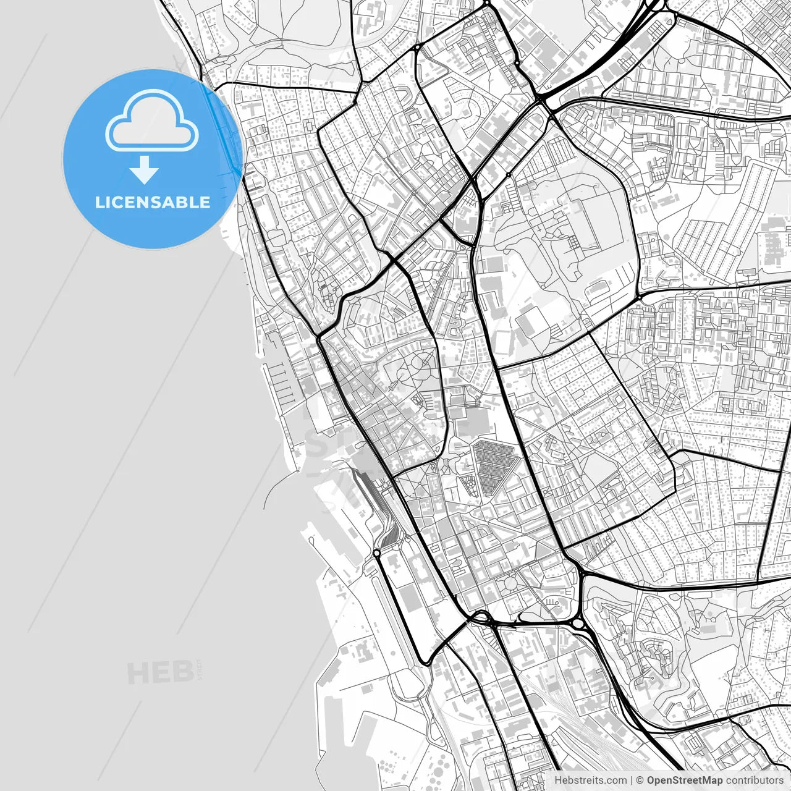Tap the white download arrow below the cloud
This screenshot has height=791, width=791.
144,170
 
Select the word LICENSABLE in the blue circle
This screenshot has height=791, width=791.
152,202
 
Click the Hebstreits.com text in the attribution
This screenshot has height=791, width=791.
590,780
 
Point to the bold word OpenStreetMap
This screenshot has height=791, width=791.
684,780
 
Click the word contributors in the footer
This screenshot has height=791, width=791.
754,780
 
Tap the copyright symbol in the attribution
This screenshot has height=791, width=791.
640,780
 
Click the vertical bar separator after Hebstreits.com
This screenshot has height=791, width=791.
631,780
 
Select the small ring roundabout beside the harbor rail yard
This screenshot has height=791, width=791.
376,552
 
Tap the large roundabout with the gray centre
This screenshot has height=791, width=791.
579,625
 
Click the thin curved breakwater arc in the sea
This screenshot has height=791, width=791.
272,488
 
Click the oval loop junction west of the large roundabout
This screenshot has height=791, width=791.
482,617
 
